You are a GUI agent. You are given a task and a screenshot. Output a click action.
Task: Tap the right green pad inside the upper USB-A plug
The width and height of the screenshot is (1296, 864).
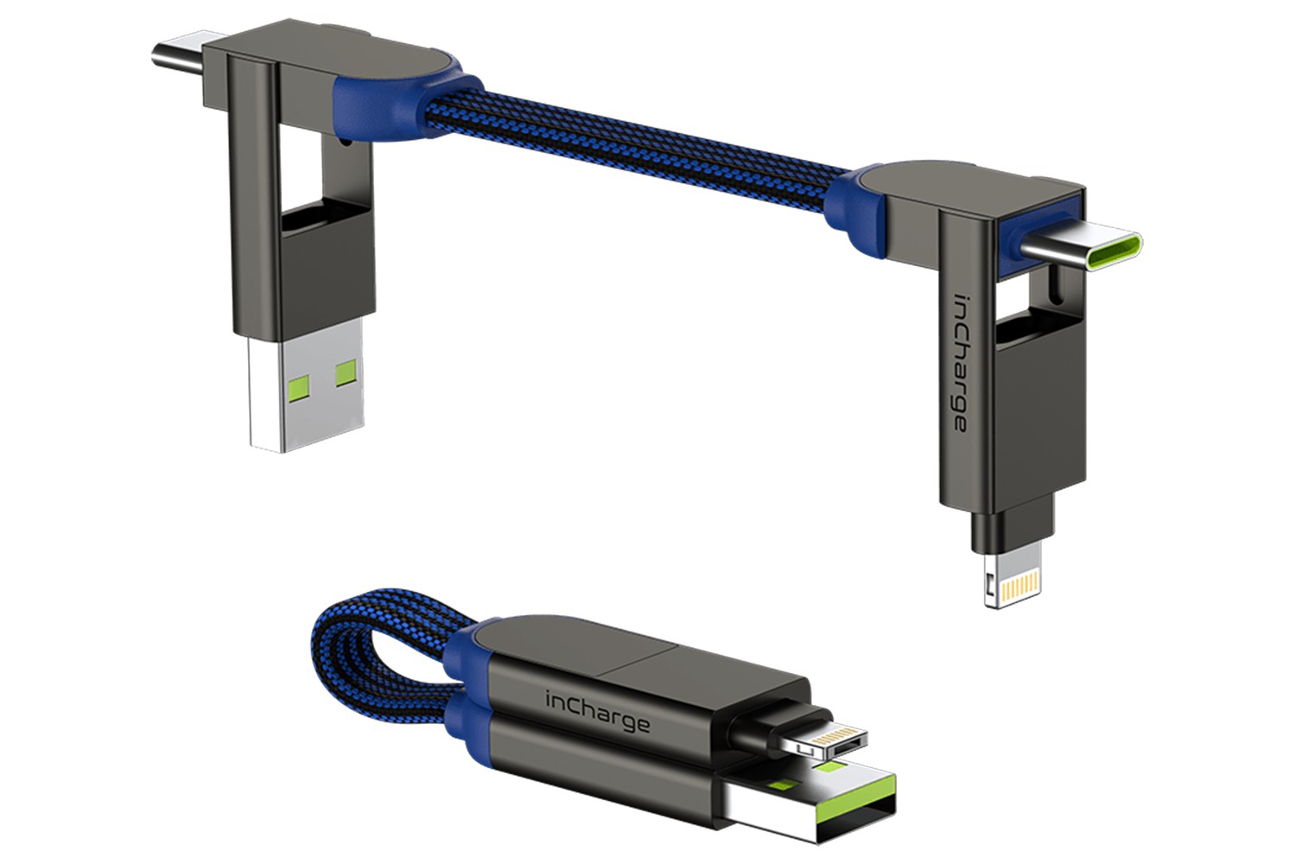(346, 374)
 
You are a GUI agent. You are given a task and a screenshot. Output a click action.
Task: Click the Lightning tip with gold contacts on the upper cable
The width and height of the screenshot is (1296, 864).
(1013, 574)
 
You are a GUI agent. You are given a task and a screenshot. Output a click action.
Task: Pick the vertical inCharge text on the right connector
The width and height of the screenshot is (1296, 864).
(959, 363)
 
